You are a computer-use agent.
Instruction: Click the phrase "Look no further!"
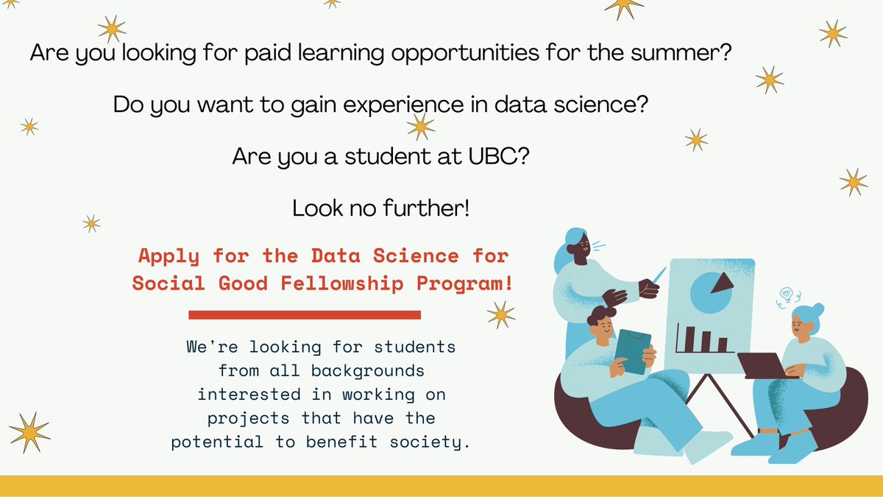[x=380, y=208]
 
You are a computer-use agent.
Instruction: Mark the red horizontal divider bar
[x=305, y=315]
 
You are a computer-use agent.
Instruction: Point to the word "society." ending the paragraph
[x=432, y=442]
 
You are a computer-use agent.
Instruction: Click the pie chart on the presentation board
[x=711, y=289]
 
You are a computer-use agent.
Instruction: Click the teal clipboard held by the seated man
[x=632, y=351]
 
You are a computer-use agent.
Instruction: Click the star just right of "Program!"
[x=501, y=314]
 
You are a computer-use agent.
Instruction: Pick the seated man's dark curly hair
[x=600, y=317]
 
